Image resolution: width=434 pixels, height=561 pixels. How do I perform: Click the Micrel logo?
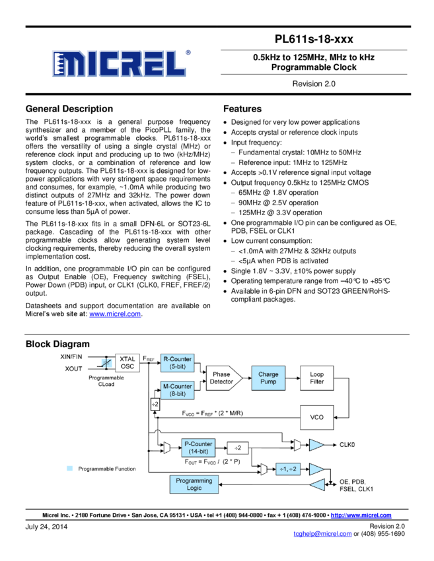(x=119, y=63)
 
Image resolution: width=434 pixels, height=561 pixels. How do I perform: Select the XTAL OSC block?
(x=127, y=363)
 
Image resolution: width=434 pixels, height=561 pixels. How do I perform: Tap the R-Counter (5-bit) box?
(x=177, y=363)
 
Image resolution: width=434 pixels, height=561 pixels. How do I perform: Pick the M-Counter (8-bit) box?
(x=177, y=390)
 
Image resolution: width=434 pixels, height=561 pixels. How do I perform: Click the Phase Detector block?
(x=222, y=378)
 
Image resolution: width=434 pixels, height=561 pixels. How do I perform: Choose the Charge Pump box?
(x=268, y=378)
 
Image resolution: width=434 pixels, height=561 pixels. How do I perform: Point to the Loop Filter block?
(x=317, y=378)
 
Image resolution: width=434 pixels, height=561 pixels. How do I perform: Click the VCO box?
(x=317, y=417)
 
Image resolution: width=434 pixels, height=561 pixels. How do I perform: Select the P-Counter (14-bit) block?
(x=198, y=447)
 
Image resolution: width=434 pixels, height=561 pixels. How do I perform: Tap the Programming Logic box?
(x=194, y=484)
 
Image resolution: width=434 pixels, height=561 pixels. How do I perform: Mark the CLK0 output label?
(x=347, y=445)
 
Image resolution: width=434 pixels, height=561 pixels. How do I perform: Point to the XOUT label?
(x=73, y=368)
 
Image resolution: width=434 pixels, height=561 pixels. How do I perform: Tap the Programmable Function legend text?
(x=107, y=469)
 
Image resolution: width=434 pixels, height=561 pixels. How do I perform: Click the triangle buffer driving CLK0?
(x=317, y=445)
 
